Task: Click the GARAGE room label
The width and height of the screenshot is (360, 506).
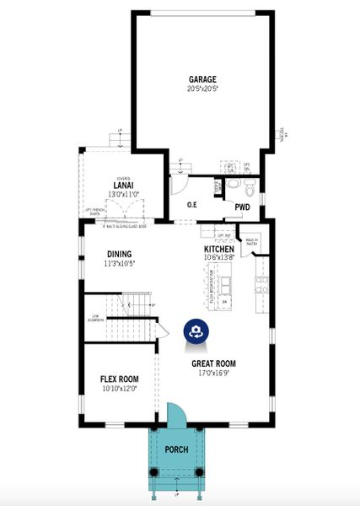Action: point(202,80)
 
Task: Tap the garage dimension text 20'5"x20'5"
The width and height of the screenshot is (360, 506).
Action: point(202,89)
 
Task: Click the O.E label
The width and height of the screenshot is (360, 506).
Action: point(191,205)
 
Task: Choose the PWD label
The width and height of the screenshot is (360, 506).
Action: point(242,207)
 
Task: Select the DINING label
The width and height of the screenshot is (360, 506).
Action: point(120,254)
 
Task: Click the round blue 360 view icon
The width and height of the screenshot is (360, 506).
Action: point(196,331)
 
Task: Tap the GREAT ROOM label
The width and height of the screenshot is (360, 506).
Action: point(213,364)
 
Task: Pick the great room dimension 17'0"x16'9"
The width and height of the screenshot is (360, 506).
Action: point(213,373)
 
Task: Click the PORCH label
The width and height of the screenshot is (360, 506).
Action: point(176,449)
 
